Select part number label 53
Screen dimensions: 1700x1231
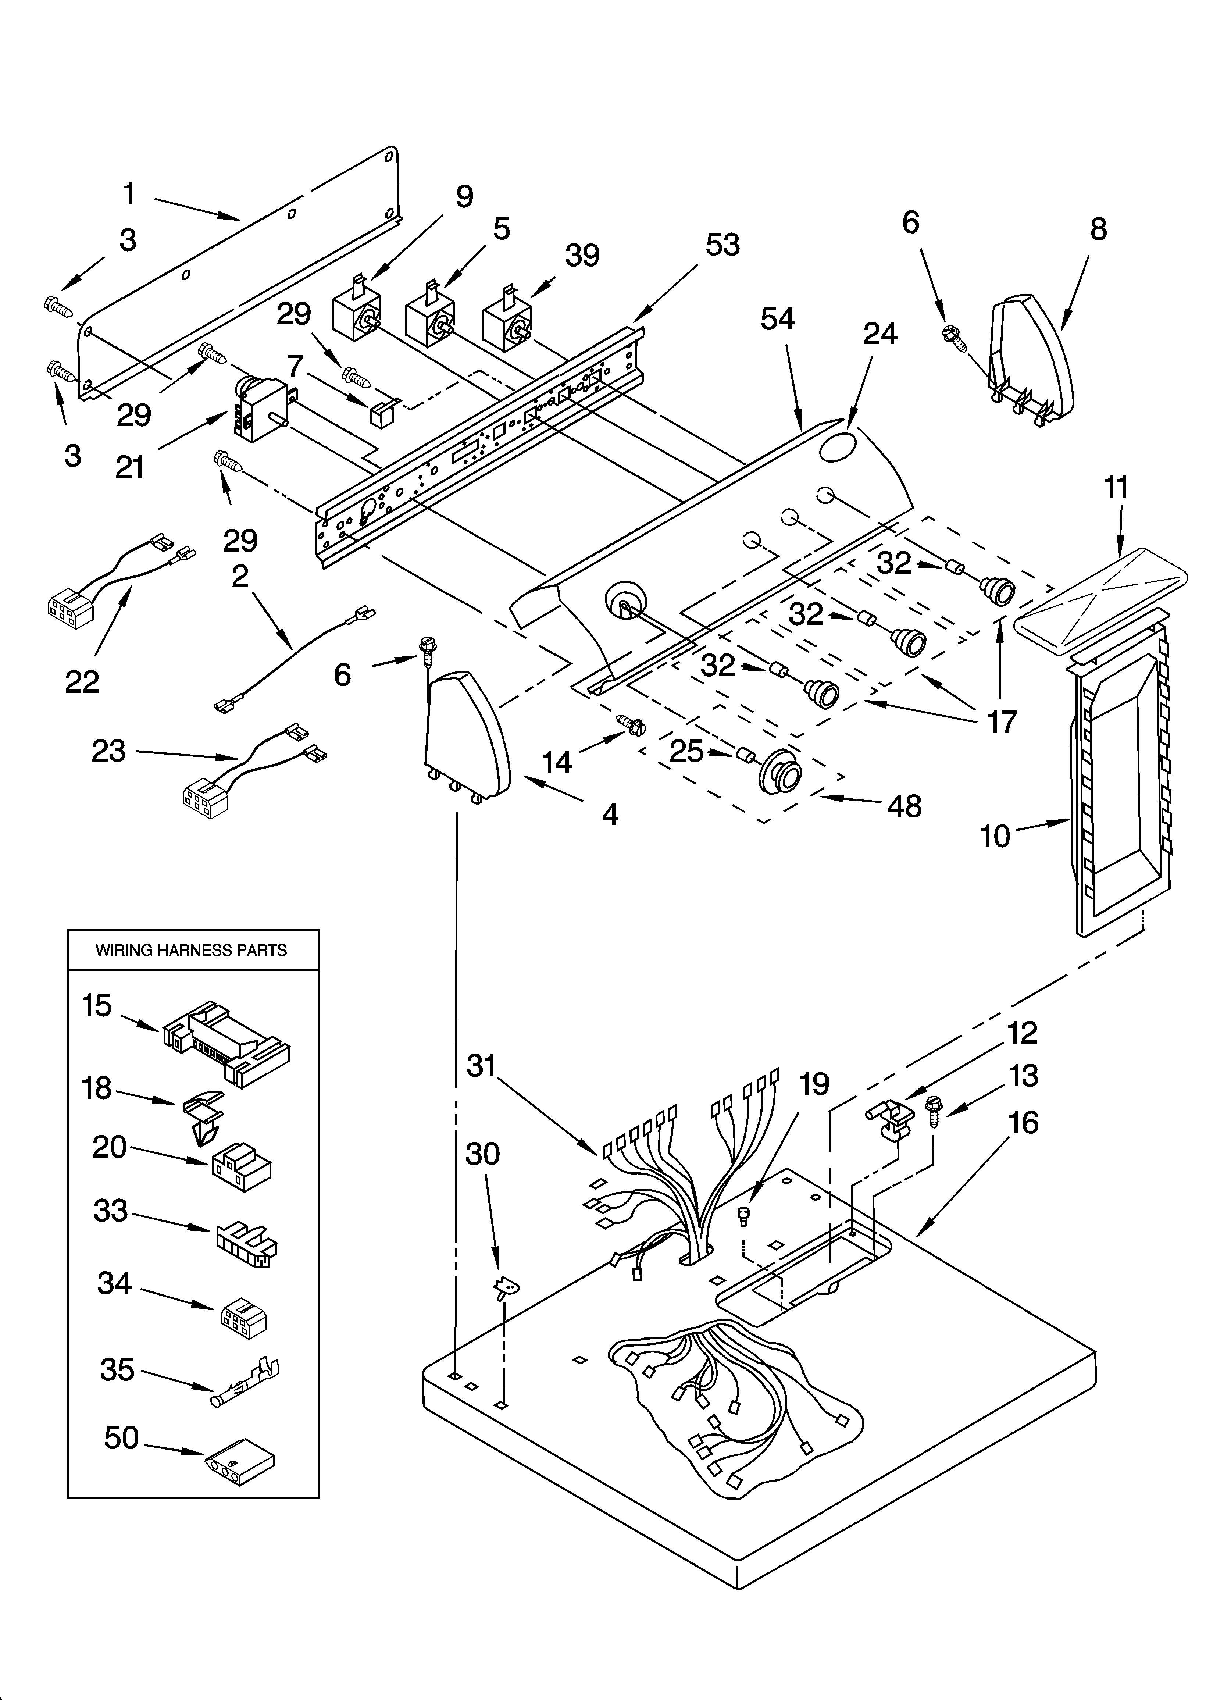point(722,245)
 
